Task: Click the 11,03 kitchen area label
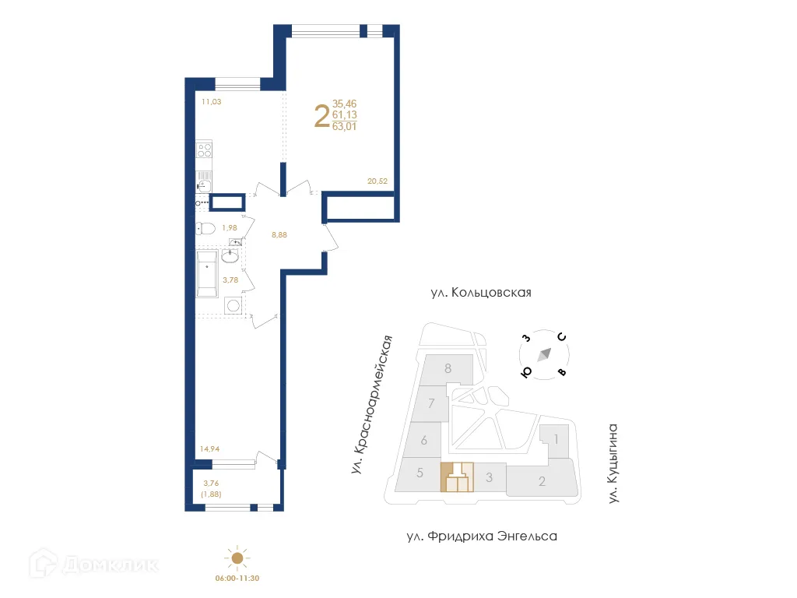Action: point(212,101)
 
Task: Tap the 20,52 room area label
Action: point(377,181)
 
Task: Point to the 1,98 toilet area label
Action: point(229,227)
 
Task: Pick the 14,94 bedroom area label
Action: point(210,448)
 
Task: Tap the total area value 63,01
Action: point(344,127)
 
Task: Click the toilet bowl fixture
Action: point(206,227)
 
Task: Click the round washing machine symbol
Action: point(233,305)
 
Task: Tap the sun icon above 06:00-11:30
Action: point(237,558)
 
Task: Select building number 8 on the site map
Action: point(448,368)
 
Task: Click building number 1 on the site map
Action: point(556,438)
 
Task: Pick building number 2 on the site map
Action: point(542,481)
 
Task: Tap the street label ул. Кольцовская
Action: point(481,293)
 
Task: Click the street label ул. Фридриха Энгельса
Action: point(482,536)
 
